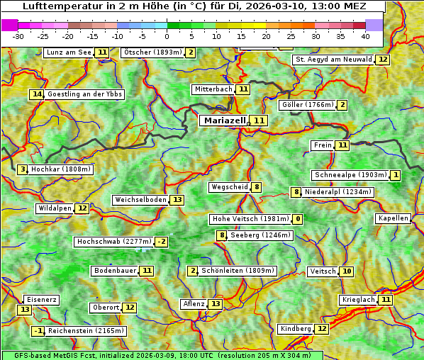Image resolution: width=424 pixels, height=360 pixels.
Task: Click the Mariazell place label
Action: pyautogui.click(x=225, y=120)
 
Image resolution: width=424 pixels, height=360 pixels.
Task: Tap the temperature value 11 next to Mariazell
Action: pyautogui.click(x=259, y=121)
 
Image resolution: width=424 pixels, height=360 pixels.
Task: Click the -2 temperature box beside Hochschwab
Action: pyautogui.click(x=162, y=242)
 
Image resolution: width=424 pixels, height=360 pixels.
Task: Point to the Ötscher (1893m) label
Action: pyautogui.click(x=153, y=52)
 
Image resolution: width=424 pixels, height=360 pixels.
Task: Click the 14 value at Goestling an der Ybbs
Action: pyautogui.click(x=37, y=94)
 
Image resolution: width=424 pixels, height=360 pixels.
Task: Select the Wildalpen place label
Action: pyautogui.click(x=55, y=208)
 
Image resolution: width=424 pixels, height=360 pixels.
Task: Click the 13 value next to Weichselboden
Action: pyautogui.click(x=177, y=200)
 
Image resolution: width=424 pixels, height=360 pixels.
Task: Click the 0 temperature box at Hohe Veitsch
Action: pyautogui.click(x=298, y=219)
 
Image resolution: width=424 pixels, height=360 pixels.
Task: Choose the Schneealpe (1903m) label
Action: pyautogui.click(x=350, y=175)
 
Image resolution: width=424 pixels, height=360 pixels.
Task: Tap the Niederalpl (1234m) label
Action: pyautogui.click(x=337, y=191)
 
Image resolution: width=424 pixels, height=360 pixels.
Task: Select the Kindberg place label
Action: pyautogui.click(x=296, y=329)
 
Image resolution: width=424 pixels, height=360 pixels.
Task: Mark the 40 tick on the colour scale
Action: pyautogui.click(x=365, y=35)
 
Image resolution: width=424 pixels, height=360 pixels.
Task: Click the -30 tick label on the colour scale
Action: pyautogui.click(x=18, y=35)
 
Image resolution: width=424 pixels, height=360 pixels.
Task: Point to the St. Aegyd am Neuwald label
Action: pyautogui.click(x=334, y=60)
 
